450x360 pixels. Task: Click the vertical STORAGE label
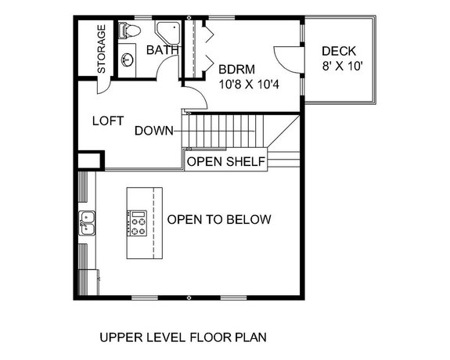tap(101, 49)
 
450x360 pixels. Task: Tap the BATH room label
tap(163, 50)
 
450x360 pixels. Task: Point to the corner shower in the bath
tap(167, 33)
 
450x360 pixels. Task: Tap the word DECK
tap(339, 52)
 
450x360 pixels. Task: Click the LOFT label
tap(109, 121)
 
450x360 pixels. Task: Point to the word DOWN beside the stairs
tap(153, 131)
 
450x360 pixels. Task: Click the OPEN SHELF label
tap(225, 162)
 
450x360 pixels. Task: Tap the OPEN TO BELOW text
tap(219, 219)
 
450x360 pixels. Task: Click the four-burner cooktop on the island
tap(139, 223)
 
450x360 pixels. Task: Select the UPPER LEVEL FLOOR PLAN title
tap(183, 338)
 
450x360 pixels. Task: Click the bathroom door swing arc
tap(166, 69)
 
